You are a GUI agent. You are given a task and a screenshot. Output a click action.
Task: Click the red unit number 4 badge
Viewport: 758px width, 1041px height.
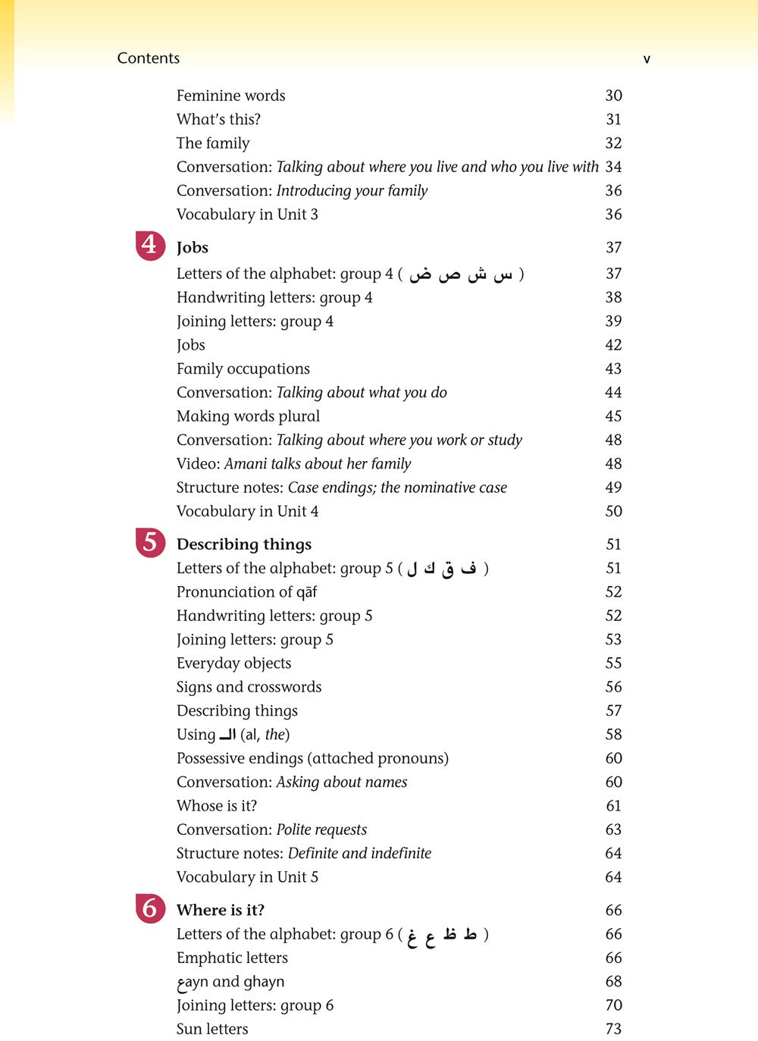tap(149, 246)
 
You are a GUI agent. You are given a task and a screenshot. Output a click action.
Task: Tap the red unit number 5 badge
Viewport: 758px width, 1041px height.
tap(149, 543)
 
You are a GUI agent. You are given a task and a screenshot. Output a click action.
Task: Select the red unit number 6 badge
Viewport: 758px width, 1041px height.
tap(149, 908)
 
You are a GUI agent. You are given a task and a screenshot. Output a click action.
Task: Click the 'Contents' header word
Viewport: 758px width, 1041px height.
tap(149, 58)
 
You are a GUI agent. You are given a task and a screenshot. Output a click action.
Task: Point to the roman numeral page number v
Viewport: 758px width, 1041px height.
tap(647, 58)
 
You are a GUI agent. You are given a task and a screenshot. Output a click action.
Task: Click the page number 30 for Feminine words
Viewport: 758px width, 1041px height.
tap(613, 96)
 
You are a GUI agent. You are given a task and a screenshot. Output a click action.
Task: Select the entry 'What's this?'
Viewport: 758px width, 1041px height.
tap(218, 119)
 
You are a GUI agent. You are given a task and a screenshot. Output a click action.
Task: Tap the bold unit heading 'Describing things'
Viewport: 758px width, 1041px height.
tap(244, 544)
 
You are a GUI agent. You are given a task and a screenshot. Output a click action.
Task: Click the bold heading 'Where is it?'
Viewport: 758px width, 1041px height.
tap(221, 910)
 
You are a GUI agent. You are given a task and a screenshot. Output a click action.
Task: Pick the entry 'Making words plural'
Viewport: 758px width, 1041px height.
tap(248, 416)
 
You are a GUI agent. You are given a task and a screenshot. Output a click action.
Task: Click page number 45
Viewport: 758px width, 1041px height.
tap(613, 416)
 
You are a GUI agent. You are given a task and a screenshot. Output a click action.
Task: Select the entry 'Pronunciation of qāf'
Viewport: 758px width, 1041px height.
tap(246, 592)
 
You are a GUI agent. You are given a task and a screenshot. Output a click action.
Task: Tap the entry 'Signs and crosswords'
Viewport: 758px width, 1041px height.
tap(249, 687)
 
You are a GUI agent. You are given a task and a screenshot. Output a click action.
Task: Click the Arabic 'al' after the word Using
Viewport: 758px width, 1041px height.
tap(227, 735)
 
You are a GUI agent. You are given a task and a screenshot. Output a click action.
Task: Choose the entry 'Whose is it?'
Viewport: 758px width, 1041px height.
tap(217, 806)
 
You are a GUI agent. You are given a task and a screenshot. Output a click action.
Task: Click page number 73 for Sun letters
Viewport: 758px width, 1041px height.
tap(613, 1029)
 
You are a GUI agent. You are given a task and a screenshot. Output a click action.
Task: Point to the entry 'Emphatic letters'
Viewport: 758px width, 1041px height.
tap(232, 958)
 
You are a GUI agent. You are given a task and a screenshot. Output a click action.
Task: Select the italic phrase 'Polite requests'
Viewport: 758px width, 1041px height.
tap(321, 829)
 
